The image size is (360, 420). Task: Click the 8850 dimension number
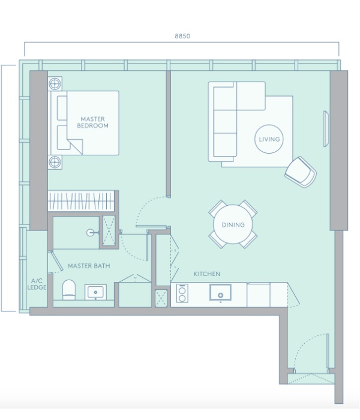click(x=182, y=36)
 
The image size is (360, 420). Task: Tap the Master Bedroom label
click(x=92, y=122)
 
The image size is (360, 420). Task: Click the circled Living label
click(x=269, y=139)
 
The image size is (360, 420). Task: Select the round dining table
click(x=233, y=224)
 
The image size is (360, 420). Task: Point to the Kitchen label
click(x=207, y=274)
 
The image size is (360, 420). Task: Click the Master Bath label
click(x=89, y=266)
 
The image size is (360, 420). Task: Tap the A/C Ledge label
click(x=37, y=284)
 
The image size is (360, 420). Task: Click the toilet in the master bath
click(x=69, y=290)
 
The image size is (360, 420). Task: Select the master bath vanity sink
click(x=95, y=292)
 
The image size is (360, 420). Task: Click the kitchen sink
click(x=220, y=293)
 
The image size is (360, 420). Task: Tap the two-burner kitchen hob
click(x=182, y=293)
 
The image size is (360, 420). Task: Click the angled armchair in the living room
click(x=300, y=172)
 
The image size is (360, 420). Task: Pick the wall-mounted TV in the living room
click(x=326, y=128)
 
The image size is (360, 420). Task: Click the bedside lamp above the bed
click(x=55, y=83)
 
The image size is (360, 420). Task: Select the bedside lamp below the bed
click(x=55, y=162)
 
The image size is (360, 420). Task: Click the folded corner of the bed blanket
click(x=75, y=146)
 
